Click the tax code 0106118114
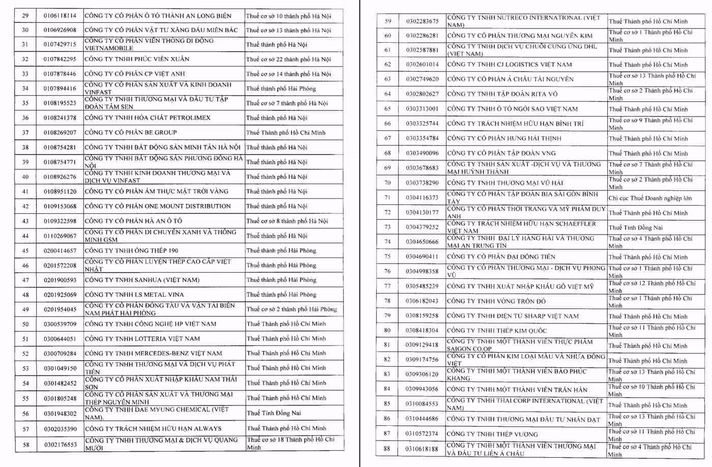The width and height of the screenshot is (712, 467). coord(60,16)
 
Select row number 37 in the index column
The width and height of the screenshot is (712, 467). coord(25,133)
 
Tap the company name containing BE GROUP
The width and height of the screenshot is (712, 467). coord(131,133)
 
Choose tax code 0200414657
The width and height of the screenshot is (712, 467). coord(60,251)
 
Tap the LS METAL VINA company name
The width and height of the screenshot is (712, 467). coord(134,295)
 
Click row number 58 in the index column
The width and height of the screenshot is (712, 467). coord(25,445)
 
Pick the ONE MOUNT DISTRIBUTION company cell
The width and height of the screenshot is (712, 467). coord(158,206)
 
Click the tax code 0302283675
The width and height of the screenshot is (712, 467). coord(422,21)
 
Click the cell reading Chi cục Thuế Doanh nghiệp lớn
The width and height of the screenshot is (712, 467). coord(650,198)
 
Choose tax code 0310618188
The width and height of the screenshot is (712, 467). coord(422,449)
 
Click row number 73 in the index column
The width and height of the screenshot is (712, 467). coord(388,227)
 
